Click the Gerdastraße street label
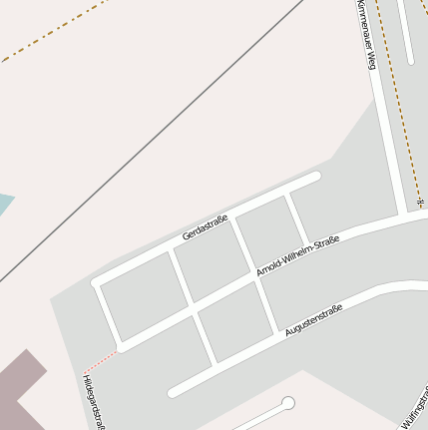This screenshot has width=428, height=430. click(206, 228)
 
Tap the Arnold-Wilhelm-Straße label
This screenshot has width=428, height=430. click(297, 256)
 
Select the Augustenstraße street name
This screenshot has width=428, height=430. click(313, 319)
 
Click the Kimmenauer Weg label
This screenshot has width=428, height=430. click(365, 34)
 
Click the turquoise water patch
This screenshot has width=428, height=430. click(4, 206)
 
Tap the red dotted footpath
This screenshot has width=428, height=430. click(99, 361)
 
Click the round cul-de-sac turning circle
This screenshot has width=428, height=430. click(288, 404)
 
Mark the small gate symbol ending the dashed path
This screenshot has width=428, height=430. click(420, 204)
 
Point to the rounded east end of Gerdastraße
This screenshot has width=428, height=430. click(315, 177)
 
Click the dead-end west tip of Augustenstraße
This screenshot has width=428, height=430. click(174, 392)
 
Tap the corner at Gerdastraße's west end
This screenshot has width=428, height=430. click(97, 283)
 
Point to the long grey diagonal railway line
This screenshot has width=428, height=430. click(150, 140)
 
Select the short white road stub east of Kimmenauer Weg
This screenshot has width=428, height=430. click(405, 30)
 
